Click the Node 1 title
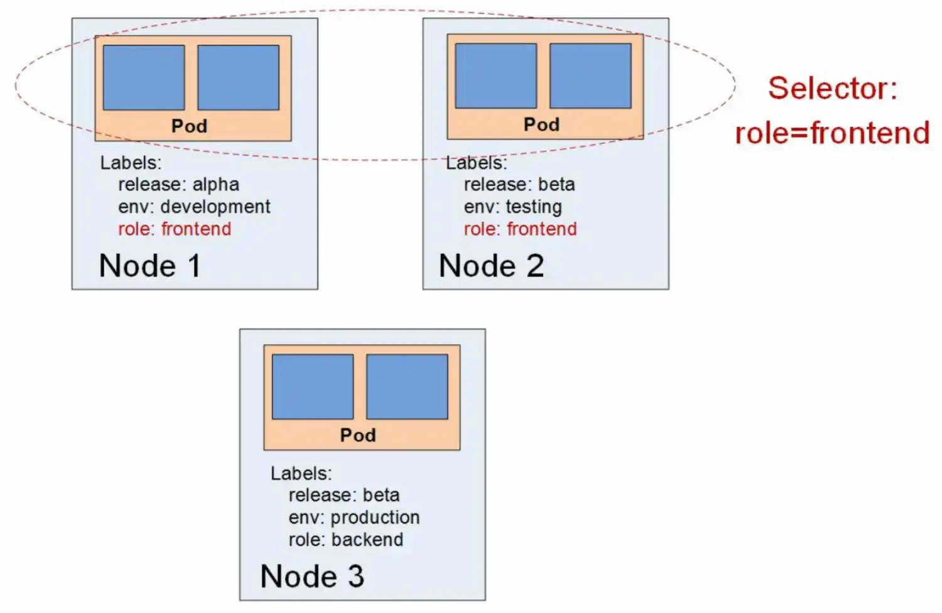[x=150, y=266]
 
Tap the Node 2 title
[x=491, y=266]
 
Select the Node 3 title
[x=312, y=577]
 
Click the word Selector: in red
[x=833, y=88]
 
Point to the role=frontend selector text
[x=832, y=133]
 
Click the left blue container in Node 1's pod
[x=144, y=77]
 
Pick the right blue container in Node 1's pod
[x=239, y=77]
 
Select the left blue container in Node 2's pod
[x=496, y=76]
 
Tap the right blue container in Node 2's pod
[x=591, y=76]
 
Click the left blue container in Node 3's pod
[x=313, y=387]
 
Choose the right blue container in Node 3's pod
[x=408, y=387]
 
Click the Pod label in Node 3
[x=358, y=435]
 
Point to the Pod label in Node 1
[x=189, y=126]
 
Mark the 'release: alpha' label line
[x=178, y=184]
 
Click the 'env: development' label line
[x=194, y=207]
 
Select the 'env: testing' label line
[x=512, y=207]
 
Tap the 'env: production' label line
[x=354, y=517]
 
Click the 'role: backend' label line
[x=346, y=539]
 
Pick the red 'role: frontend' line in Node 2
[x=520, y=229]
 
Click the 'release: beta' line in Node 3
[x=344, y=495]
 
